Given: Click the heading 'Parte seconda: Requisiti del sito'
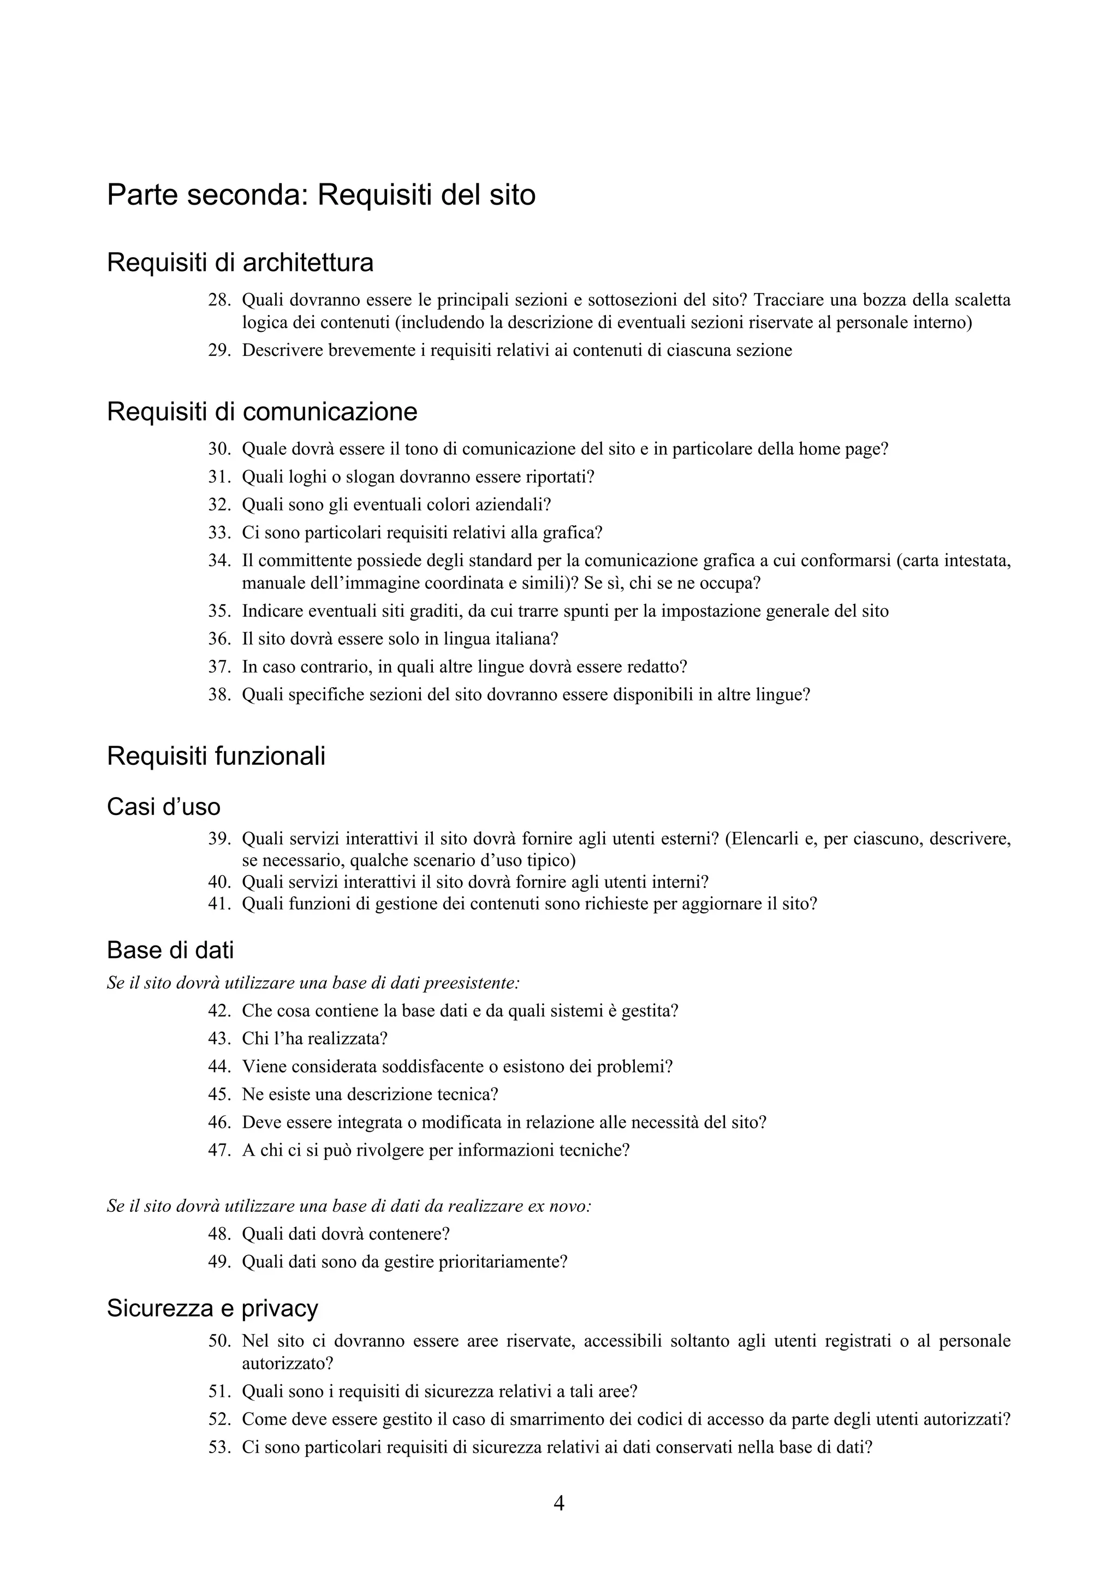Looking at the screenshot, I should point(321,195).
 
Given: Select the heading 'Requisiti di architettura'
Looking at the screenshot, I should point(240,263).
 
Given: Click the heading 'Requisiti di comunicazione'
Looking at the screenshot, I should point(262,412).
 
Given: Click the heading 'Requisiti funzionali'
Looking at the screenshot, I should point(216,757).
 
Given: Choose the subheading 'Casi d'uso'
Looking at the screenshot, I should point(163,807).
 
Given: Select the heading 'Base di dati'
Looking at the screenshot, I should point(170,950).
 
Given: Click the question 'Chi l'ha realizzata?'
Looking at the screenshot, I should point(315,1038).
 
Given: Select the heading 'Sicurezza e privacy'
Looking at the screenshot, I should point(212,1308).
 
